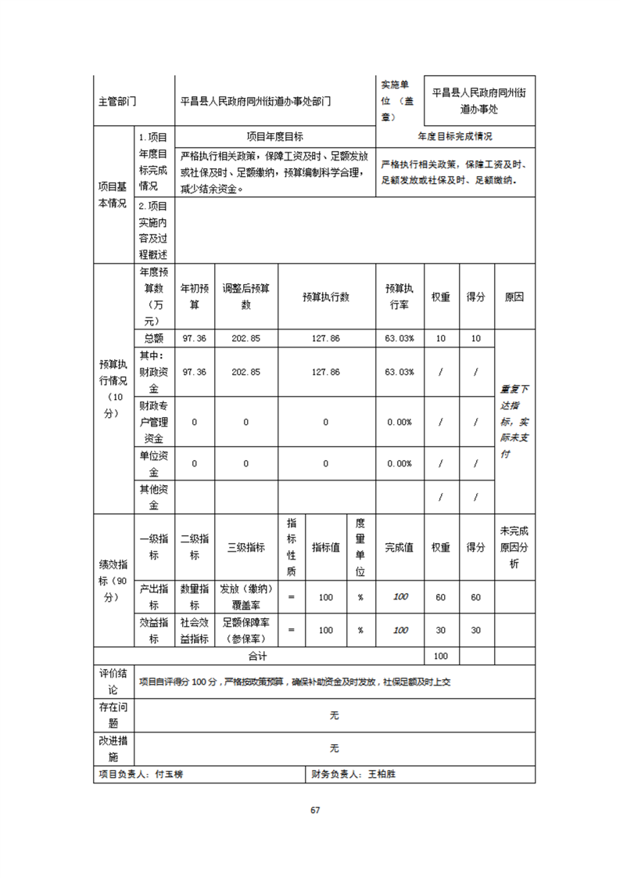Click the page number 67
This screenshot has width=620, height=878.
315,810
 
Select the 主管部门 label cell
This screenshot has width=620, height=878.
117,101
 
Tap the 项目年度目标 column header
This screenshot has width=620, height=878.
274,136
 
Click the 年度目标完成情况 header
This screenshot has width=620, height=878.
455,136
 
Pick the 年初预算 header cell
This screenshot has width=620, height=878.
194,297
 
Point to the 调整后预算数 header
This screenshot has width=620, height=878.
245,297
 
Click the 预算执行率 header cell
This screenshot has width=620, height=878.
400,297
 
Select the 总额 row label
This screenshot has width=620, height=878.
153,338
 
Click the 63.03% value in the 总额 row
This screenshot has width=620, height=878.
400,338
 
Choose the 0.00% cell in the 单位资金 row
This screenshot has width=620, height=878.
400,463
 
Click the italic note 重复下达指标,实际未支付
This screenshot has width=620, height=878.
515,421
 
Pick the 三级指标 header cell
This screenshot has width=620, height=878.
245,548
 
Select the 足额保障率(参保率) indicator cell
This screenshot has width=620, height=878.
245,631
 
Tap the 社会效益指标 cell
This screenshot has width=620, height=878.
194,631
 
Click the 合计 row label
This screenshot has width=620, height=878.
258,656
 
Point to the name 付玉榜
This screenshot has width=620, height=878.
170,774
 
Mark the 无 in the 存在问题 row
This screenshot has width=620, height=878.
334,715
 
